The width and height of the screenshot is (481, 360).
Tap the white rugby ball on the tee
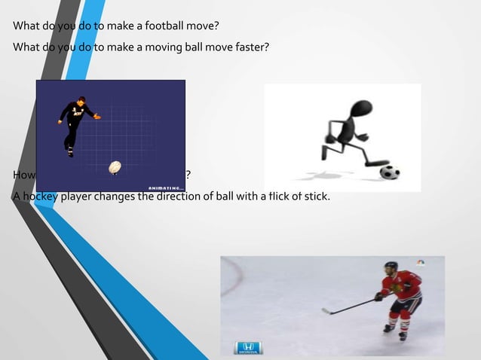click(115, 166)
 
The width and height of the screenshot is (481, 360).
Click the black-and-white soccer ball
click(389, 172)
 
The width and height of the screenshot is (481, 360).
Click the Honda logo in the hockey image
click(248, 348)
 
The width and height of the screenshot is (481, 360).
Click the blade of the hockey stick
click(326, 310)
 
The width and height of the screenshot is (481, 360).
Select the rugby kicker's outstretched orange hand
click(97, 117)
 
